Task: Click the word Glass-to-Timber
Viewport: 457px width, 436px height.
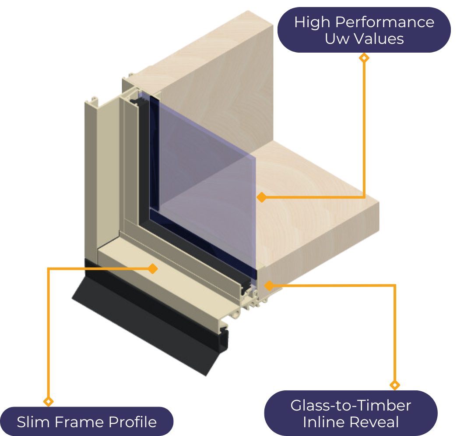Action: pos(351,405)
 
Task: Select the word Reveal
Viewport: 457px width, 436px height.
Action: pos(375,422)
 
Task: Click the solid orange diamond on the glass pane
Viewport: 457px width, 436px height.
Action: pos(261,197)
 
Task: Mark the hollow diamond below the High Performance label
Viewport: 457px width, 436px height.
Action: pos(364,57)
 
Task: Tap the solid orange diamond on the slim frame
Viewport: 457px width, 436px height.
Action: pos(152,268)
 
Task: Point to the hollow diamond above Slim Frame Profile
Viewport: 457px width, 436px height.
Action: pos(49,401)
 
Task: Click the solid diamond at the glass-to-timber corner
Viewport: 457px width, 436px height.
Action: pos(268,286)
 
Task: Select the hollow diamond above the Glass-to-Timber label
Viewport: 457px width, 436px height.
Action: pos(395,385)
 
